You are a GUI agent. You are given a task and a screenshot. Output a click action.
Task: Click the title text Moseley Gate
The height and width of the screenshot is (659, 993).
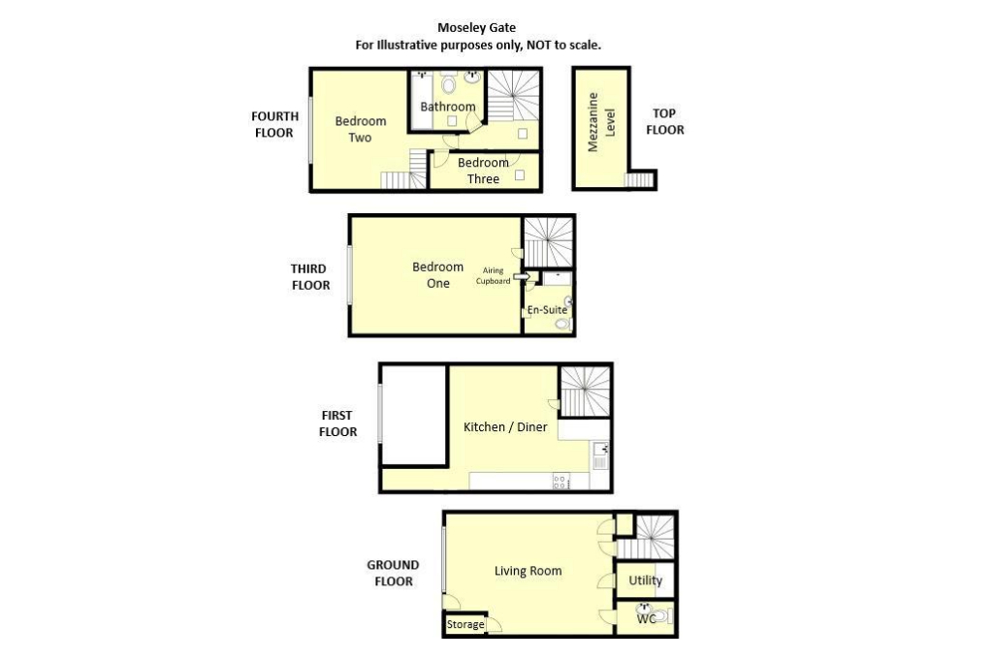click(476, 28)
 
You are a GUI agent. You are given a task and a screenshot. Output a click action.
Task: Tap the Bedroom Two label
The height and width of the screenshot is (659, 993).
click(361, 129)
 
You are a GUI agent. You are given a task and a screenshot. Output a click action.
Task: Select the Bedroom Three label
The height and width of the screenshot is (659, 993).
click(483, 171)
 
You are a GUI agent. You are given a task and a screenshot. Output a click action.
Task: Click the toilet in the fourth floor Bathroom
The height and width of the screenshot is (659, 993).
click(449, 82)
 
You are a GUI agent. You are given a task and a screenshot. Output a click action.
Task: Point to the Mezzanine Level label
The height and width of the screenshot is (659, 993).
click(601, 122)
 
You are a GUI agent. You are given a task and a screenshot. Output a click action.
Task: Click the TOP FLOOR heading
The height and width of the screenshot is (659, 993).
click(664, 121)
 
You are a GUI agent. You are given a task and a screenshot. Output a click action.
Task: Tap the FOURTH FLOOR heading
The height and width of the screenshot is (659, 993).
click(274, 125)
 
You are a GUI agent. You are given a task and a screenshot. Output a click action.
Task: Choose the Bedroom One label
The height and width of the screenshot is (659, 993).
click(437, 274)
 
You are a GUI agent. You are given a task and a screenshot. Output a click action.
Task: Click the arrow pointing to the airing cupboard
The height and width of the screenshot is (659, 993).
click(522, 276)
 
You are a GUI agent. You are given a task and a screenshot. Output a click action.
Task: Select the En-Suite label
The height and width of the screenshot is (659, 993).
click(547, 310)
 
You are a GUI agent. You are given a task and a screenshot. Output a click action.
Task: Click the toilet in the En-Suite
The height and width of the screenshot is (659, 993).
click(561, 324)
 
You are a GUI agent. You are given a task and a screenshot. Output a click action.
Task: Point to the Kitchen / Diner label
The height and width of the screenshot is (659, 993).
click(505, 427)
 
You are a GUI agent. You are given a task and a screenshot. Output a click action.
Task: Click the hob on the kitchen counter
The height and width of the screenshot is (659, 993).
click(561, 482)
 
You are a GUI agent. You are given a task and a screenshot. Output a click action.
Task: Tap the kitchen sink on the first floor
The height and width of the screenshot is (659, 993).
click(600, 455)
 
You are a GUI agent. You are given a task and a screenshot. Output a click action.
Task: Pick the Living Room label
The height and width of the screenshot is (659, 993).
click(529, 571)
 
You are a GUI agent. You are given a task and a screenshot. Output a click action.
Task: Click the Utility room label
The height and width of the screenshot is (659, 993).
click(645, 581)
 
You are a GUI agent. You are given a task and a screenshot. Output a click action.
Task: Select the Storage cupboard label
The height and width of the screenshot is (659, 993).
click(465, 625)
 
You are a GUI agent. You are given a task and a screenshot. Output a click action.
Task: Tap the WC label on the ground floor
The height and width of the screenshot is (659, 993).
click(646, 619)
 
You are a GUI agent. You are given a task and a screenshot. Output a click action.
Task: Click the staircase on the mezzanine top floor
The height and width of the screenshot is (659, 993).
click(639, 180)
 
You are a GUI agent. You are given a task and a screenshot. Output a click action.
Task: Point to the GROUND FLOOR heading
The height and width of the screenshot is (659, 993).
click(394, 573)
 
